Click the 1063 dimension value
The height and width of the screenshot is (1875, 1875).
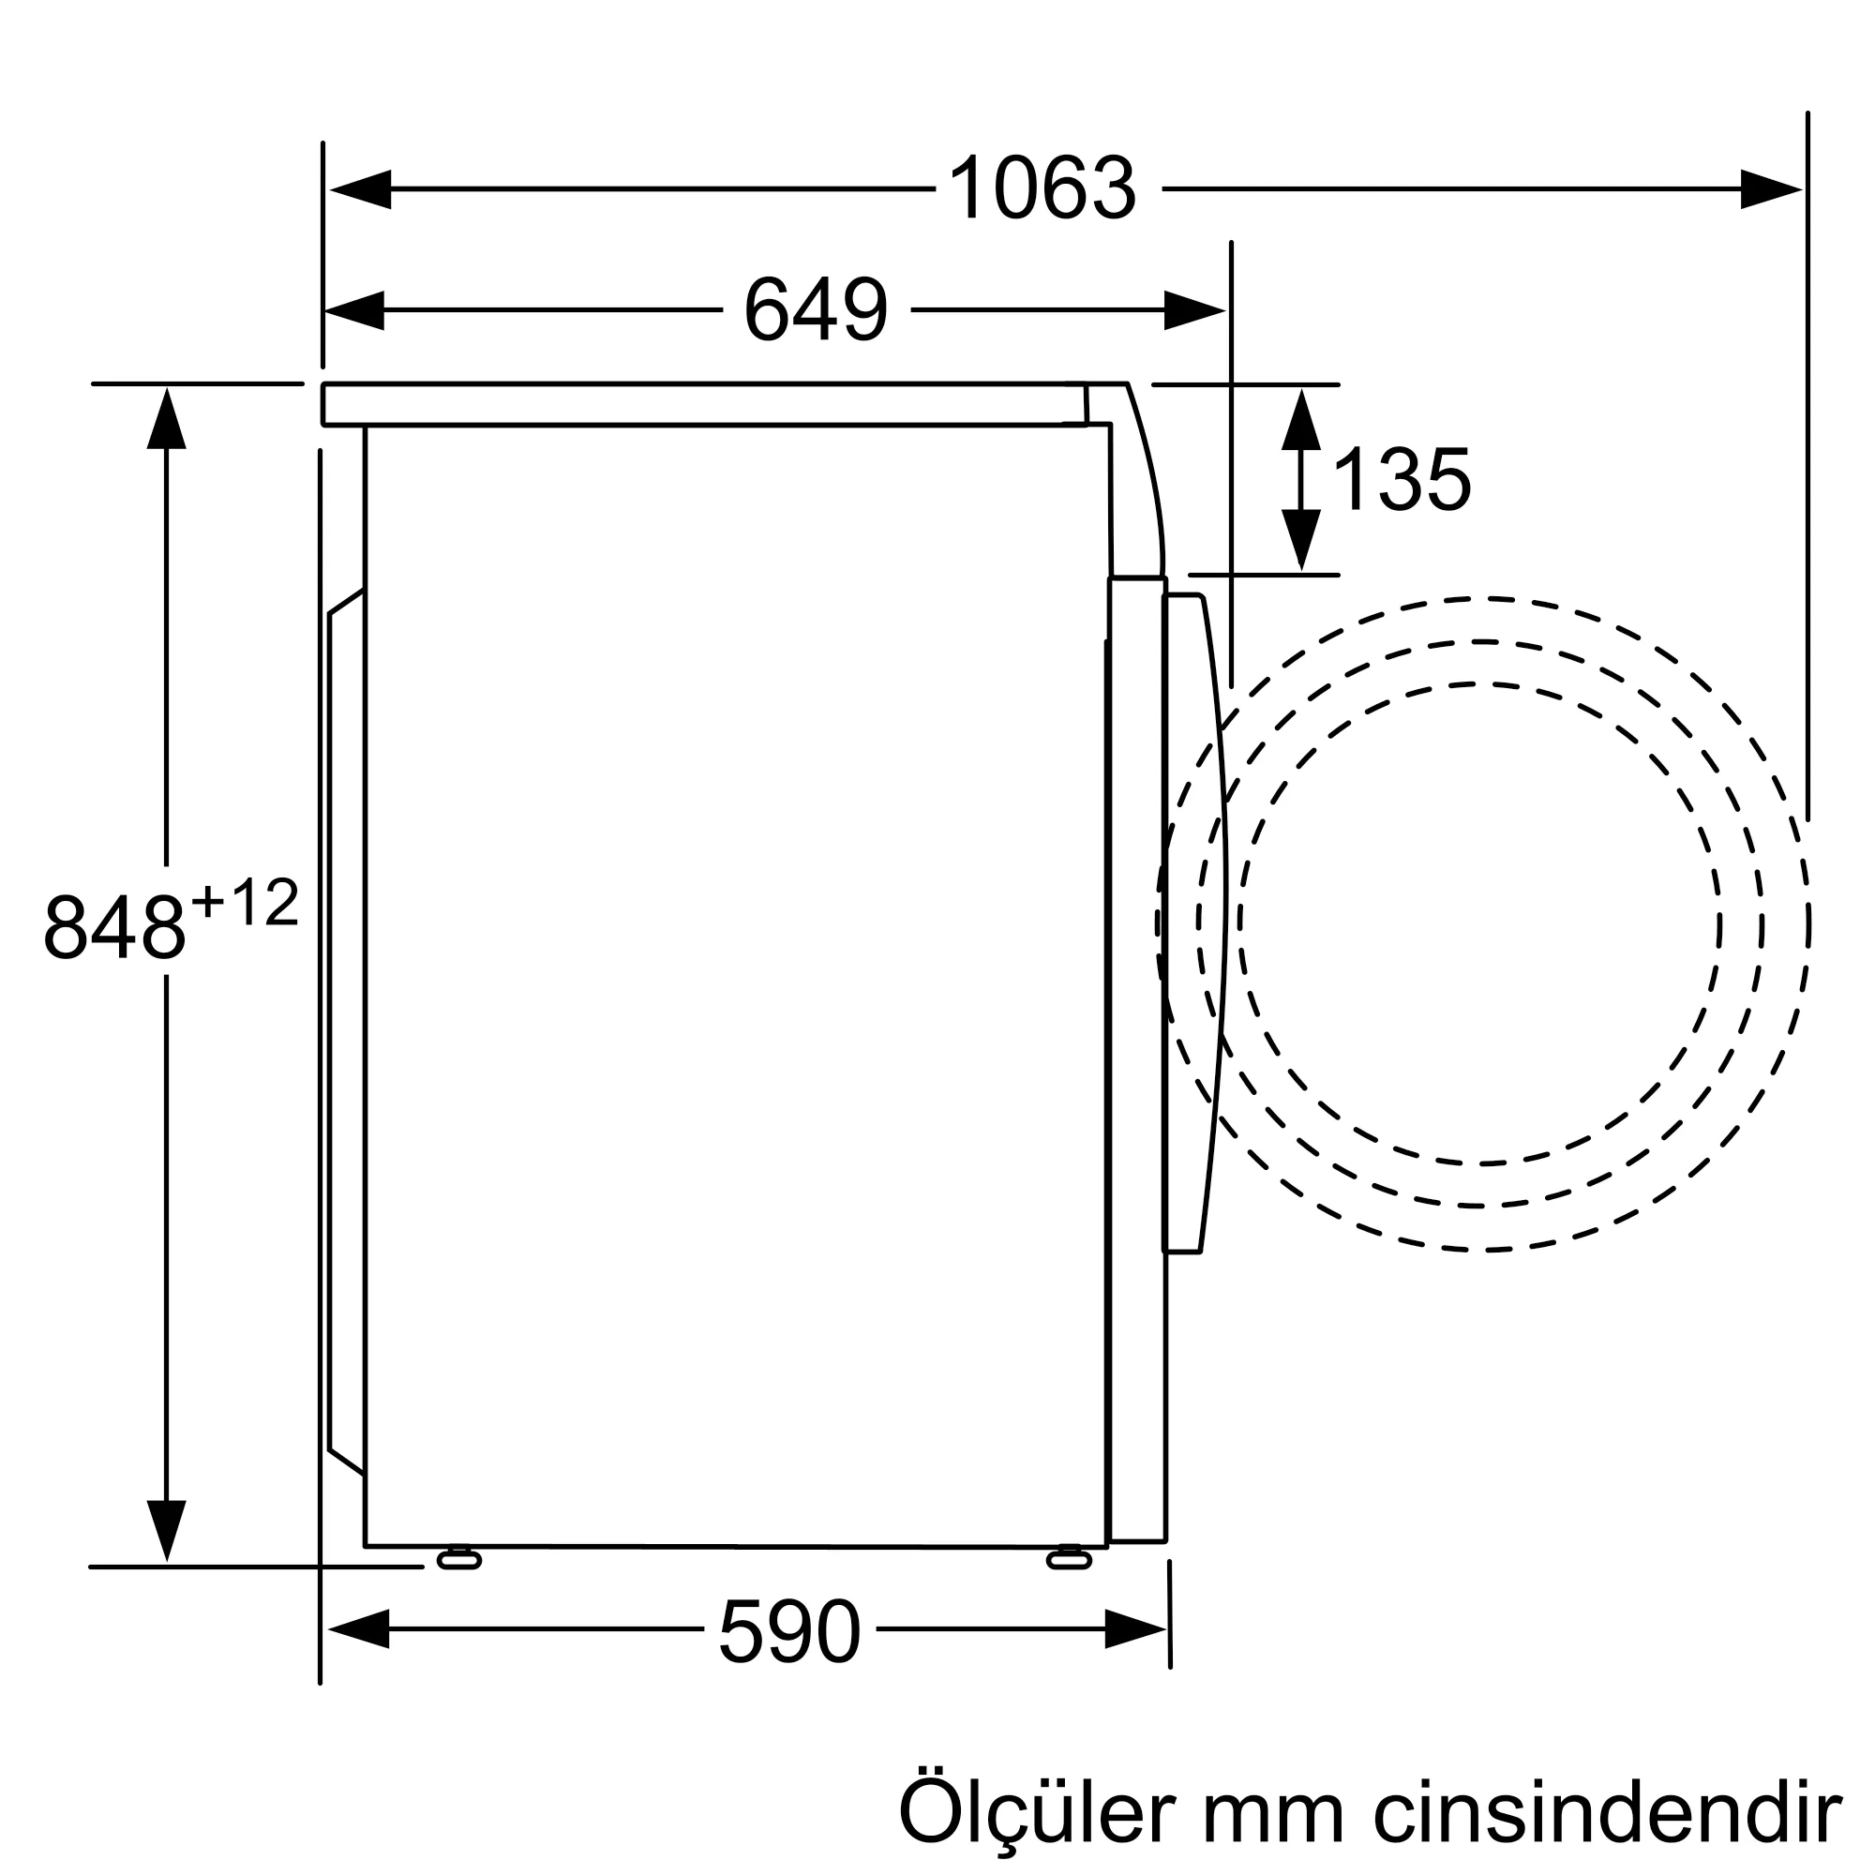click(1042, 189)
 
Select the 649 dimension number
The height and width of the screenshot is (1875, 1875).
click(816, 310)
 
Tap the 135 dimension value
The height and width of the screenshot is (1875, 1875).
click(1402, 479)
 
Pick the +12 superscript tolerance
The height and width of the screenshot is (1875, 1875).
click(245, 904)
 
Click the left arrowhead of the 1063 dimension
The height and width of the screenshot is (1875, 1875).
click(361, 189)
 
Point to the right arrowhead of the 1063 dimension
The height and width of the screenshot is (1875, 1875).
click(1770, 189)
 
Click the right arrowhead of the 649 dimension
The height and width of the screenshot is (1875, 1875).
click(1193, 310)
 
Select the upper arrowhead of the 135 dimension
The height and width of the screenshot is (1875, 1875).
click(1301, 419)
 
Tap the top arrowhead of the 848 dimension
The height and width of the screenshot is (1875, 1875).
click(167, 419)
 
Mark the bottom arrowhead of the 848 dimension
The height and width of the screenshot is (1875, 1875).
click(167, 1529)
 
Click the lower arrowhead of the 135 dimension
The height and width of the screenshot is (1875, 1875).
click(1301, 540)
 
